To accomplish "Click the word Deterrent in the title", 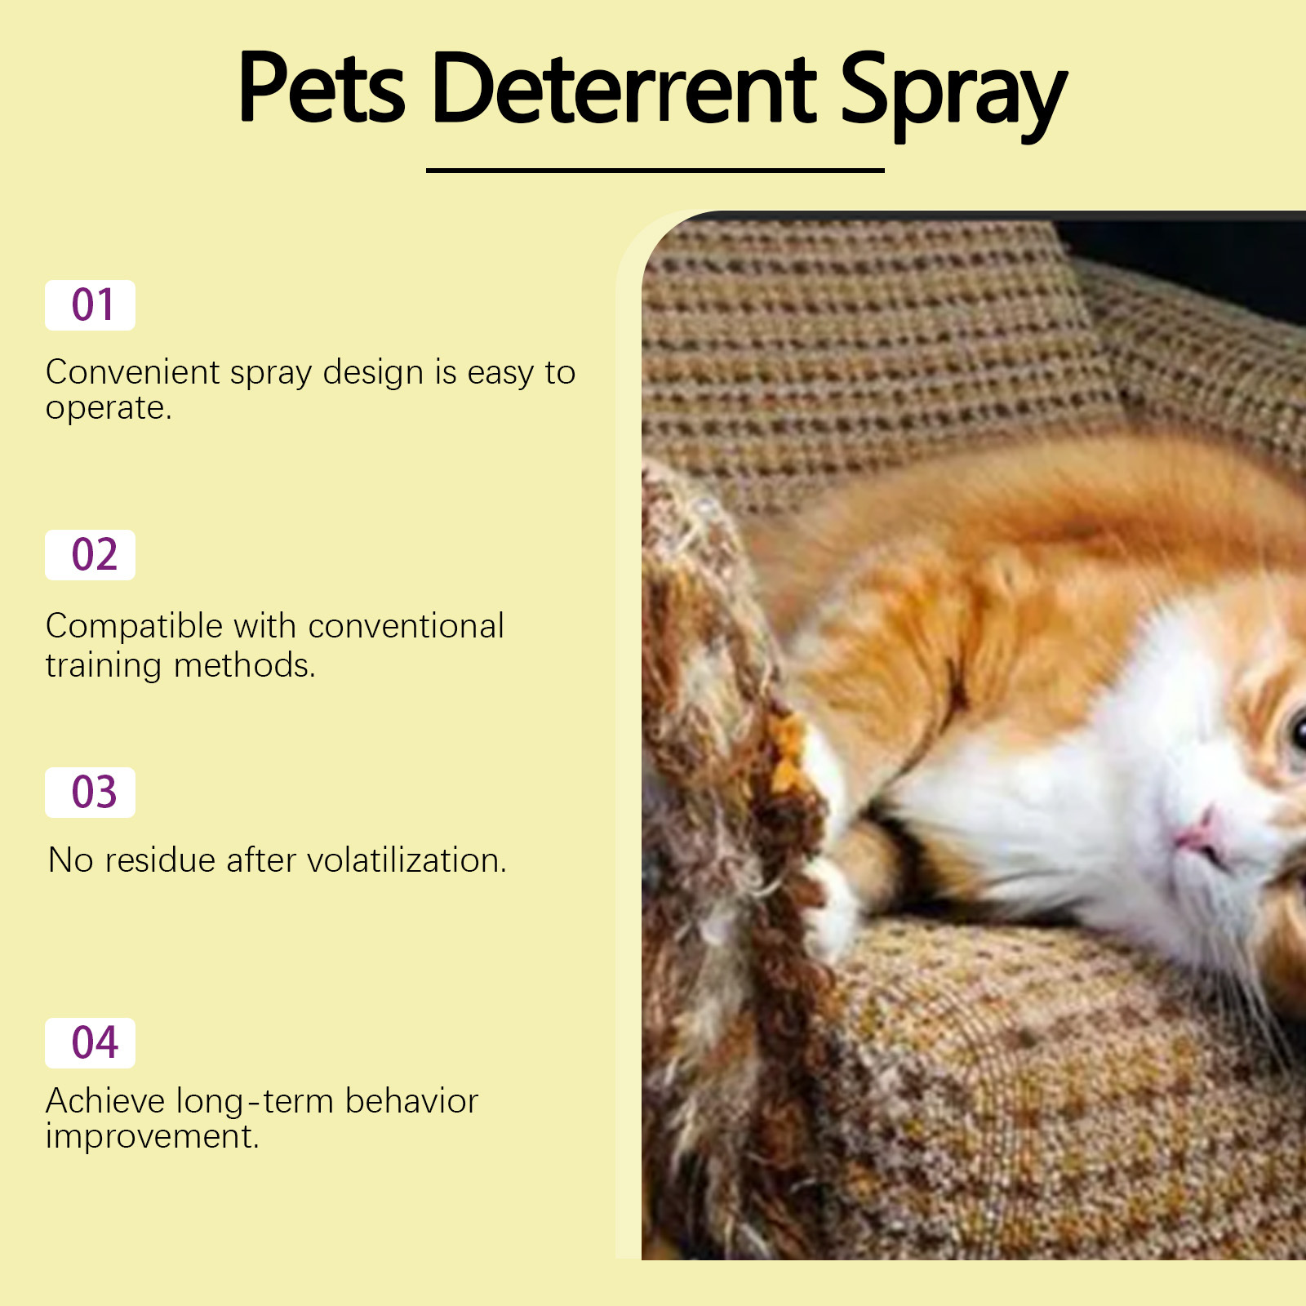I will coord(624,88).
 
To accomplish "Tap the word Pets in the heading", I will coord(322,88).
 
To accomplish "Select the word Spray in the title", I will coord(953,91).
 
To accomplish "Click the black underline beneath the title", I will coord(655,171).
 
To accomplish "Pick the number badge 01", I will coord(90,305).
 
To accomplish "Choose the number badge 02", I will coord(90,555).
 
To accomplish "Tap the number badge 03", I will coord(90,793).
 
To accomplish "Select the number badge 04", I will coord(90,1043).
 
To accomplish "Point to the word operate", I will coord(108,408).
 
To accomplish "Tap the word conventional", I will coord(406,626).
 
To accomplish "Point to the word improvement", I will coord(152,1136).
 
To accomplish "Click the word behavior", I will coord(411,1101).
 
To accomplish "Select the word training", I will coord(104,666).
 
